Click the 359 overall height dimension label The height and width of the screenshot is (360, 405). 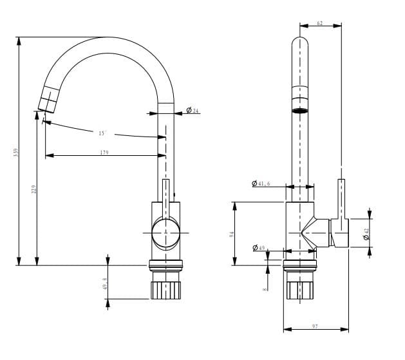15,153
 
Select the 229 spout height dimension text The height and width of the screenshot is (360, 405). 33,189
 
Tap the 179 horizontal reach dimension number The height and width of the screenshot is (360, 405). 104,153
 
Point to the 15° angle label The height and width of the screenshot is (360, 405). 102,133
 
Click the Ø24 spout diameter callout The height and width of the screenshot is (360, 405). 193,111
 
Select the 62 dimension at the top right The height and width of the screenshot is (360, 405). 320,24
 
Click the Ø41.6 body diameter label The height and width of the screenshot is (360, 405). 261,184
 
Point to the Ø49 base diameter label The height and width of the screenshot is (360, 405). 259,247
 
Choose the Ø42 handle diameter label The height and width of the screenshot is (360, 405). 366,234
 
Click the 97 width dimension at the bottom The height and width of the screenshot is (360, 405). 315,327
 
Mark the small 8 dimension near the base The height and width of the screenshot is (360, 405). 265,290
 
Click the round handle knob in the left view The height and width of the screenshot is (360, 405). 165,232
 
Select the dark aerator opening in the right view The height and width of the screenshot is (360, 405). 301,111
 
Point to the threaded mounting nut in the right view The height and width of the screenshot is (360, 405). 300,290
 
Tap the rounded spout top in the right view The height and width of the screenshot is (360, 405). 301,45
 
